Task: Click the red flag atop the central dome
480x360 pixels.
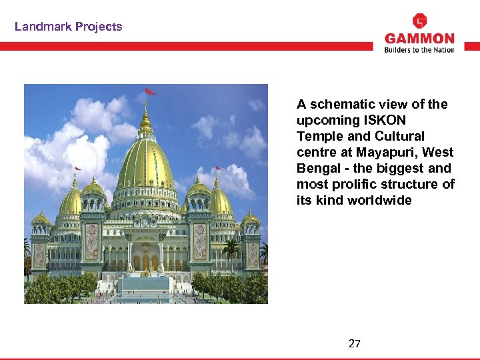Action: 151,91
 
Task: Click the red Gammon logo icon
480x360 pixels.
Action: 420,21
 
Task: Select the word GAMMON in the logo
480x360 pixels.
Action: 419,39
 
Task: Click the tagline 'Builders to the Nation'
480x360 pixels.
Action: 419,49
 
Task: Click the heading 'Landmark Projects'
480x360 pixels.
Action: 69,27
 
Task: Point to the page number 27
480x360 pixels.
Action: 355,344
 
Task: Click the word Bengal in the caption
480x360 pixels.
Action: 317,168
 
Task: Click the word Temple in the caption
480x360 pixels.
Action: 318,136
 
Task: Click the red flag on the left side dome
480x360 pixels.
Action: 78,169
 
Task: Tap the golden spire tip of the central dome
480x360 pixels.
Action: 145,107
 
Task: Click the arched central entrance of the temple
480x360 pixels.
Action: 146,257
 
